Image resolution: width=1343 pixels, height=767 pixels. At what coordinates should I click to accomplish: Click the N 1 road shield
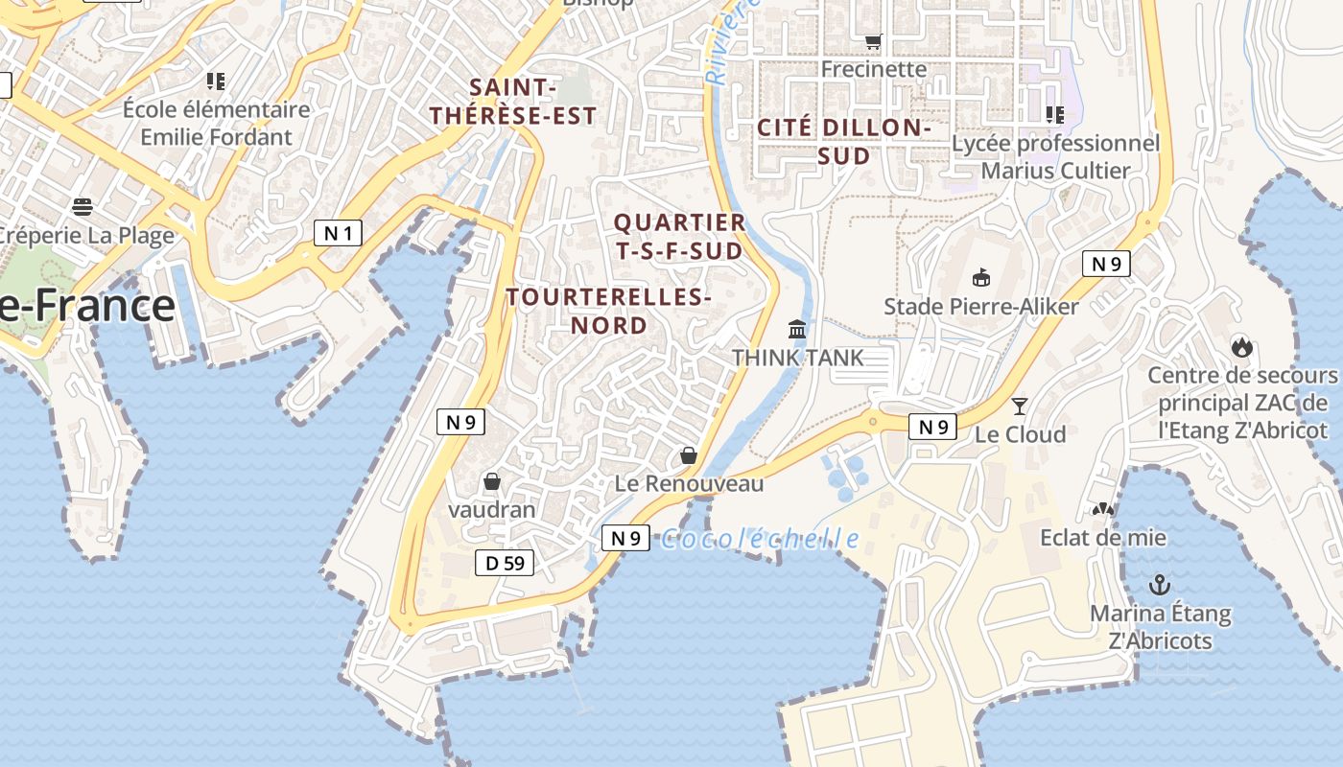pos(338,232)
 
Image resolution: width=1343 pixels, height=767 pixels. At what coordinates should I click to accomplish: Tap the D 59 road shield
pos(505,563)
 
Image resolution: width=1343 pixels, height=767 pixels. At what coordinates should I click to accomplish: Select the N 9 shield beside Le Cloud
pos(933,427)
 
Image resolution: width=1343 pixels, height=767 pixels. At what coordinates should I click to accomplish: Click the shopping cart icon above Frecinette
pos(873,41)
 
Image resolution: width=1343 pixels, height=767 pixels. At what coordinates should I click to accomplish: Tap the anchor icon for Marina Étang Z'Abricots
pos(1161,584)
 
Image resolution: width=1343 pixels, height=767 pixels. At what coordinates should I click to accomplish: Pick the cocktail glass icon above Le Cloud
pos(1020,407)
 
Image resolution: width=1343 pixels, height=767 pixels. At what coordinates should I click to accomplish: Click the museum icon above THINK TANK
pos(797,330)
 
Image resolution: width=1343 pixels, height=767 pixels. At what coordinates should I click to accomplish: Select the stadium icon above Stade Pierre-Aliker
pos(980,278)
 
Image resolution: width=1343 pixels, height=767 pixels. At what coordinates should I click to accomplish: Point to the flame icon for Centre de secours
pos(1242,347)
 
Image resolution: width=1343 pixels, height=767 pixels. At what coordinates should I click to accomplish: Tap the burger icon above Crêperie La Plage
pos(82,206)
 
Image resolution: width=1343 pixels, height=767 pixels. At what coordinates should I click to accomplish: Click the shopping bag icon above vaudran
pos(492,481)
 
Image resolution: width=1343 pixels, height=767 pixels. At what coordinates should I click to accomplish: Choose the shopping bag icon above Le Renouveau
pos(688,455)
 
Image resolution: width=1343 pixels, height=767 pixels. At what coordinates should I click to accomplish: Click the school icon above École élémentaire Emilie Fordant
pos(216,81)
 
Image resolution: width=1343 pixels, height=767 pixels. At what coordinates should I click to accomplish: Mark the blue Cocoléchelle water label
pos(760,539)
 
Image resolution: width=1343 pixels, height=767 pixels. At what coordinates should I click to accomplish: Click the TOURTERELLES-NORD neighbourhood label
pos(609,311)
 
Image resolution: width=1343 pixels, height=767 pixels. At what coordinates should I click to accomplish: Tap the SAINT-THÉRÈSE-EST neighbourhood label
pos(513,102)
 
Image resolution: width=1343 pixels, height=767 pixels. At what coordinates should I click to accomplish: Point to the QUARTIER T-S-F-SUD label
pos(679,236)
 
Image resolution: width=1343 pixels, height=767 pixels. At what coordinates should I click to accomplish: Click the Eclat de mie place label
pos(1103,537)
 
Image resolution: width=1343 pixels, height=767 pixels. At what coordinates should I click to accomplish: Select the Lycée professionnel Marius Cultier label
pos(1055,156)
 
